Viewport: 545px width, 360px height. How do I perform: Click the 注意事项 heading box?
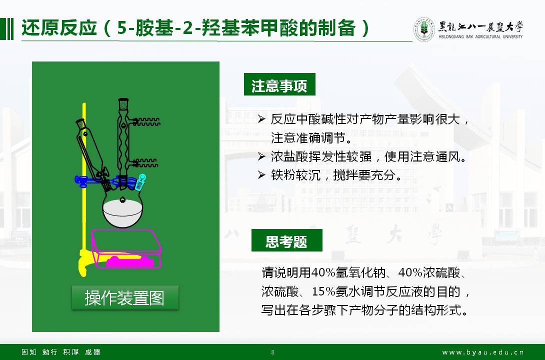coord(279,84)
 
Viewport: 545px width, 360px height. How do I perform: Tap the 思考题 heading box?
coord(287,240)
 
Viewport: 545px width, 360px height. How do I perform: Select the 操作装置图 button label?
coord(125,298)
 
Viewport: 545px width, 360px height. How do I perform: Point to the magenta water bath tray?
coord(126,248)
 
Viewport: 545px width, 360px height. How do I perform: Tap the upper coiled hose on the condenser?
coord(146,121)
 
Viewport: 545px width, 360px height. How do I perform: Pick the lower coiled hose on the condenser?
coord(145,162)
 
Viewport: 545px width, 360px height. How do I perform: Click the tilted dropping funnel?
coord(92,153)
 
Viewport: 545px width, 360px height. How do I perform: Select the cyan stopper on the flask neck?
coord(140,182)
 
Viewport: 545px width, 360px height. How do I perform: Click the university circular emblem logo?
coord(424,29)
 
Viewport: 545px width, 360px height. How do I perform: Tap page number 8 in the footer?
coord(273,352)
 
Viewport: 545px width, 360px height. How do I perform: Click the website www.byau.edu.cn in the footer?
coord(483,352)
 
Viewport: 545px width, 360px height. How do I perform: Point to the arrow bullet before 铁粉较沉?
coord(261,175)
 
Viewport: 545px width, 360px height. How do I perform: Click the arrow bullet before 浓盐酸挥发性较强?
coord(261,156)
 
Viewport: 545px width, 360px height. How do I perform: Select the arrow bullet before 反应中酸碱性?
coord(261,119)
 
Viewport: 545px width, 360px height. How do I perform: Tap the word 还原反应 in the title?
coord(59,28)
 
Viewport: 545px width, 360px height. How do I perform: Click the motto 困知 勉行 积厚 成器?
coord(61,352)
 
